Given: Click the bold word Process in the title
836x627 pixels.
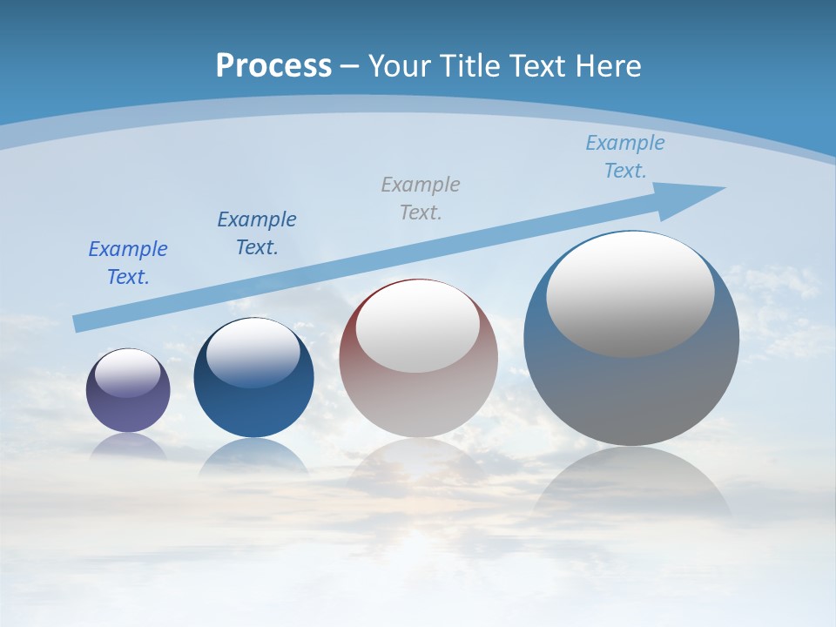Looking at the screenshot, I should point(273,66).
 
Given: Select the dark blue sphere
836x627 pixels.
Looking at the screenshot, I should point(253,409).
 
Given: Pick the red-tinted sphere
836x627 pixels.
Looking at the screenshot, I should point(418,401).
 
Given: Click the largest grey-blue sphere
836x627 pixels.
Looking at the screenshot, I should point(631,392).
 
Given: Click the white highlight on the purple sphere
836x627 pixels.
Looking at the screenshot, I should point(128,373).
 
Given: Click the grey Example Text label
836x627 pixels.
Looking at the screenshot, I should point(421,198).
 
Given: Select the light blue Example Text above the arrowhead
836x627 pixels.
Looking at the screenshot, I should point(625,157).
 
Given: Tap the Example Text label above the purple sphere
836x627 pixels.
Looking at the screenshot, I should point(128,262).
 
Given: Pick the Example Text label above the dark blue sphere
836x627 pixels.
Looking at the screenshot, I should point(257,233).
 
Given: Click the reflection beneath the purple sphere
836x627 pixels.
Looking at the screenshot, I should point(128,447).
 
